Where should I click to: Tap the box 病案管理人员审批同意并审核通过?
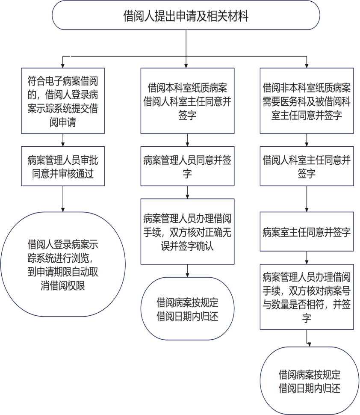tap(63, 166)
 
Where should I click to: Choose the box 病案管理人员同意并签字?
tap(187, 166)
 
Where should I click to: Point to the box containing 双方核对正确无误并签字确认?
tap(187, 231)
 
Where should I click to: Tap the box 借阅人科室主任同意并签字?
tap(307, 166)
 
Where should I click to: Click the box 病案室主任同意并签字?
tap(307, 232)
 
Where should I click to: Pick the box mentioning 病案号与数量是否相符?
tap(307, 296)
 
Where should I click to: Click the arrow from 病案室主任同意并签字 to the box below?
tap(307, 258)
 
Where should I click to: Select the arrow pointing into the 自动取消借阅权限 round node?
tap(63, 199)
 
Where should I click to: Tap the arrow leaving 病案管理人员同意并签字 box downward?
tap(187, 192)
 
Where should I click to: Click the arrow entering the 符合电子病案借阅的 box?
tap(63, 62)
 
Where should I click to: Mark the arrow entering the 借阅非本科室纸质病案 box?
tap(307, 62)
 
